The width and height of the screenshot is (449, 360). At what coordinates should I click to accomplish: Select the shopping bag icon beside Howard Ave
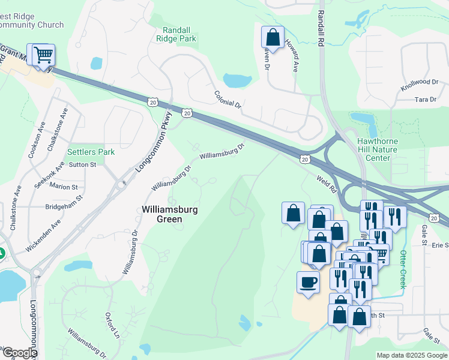click(x=273, y=37)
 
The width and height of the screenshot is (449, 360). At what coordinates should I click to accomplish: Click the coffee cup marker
click(x=309, y=282)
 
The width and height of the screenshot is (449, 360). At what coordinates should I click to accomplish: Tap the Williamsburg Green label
click(x=169, y=214)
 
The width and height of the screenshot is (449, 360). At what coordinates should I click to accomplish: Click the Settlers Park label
click(x=91, y=152)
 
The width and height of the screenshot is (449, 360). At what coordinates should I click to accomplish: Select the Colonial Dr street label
click(x=228, y=100)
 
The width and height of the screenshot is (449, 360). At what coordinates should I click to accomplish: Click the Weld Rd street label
click(x=327, y=184)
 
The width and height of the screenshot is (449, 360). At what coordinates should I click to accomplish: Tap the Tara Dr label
click(x=425, y=99)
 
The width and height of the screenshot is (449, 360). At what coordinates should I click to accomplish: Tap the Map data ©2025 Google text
click(x=411, y=355)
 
